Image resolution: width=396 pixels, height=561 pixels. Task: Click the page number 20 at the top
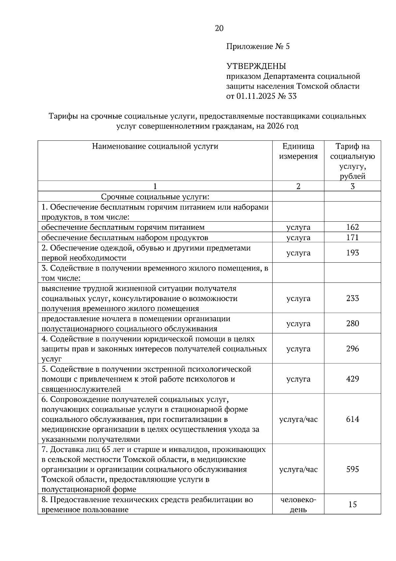[219, 28]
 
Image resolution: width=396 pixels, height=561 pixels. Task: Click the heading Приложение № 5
[258, 47]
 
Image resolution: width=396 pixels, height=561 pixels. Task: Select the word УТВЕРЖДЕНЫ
[256, 66]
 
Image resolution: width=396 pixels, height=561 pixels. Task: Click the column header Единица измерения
[298, 151]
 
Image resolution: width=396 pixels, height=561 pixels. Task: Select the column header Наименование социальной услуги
[155, 146]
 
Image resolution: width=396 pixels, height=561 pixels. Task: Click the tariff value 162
[352, 227]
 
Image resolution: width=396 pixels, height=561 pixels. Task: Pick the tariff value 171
[352, 238]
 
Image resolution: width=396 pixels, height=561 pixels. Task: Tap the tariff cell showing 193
[352, 253]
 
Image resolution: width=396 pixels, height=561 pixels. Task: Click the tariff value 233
[352, 298]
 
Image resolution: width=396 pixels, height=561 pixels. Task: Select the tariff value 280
[352, 323]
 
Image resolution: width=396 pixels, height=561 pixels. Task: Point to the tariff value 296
[352, 349]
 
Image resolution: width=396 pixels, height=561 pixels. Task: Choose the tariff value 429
[352, 379]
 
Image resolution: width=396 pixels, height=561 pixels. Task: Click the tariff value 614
[352, 419]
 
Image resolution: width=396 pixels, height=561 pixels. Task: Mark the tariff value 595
[352, 469]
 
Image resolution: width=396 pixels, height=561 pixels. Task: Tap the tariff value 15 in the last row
[352, 505]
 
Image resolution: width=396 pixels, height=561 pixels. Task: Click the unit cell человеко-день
[298, 505]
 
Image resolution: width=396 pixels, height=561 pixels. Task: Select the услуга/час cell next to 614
[298, 419]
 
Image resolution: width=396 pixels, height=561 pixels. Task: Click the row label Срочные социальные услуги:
[155, 197]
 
